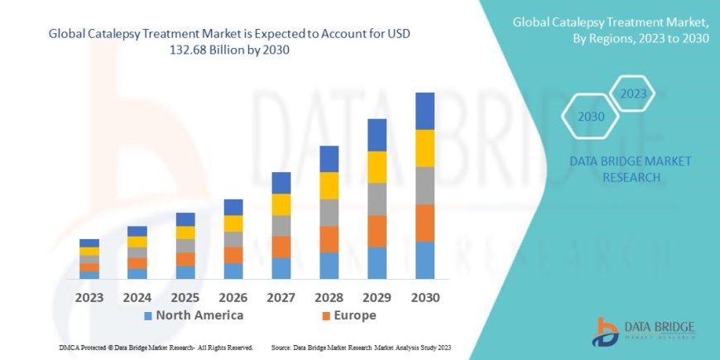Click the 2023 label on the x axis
tap(89, 297)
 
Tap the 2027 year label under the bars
tap(281, 297)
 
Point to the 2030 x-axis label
tap(425, 297)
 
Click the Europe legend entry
tap(348, 315)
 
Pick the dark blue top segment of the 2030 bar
tap(425, 111)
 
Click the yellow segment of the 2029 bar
tap(377, 167)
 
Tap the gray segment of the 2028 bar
tap(329, 213)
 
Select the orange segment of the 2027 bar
tap(281, 247)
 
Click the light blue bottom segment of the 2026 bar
tap(233, 271)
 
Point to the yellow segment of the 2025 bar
tap(185, 233)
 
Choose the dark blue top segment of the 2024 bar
tap(137, 231)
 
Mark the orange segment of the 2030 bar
tap(425, 223)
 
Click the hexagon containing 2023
tap(633, 94)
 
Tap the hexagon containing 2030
tap(590, 117)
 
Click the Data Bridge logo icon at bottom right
tap(605, 331)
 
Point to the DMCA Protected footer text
tap(156, 348)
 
